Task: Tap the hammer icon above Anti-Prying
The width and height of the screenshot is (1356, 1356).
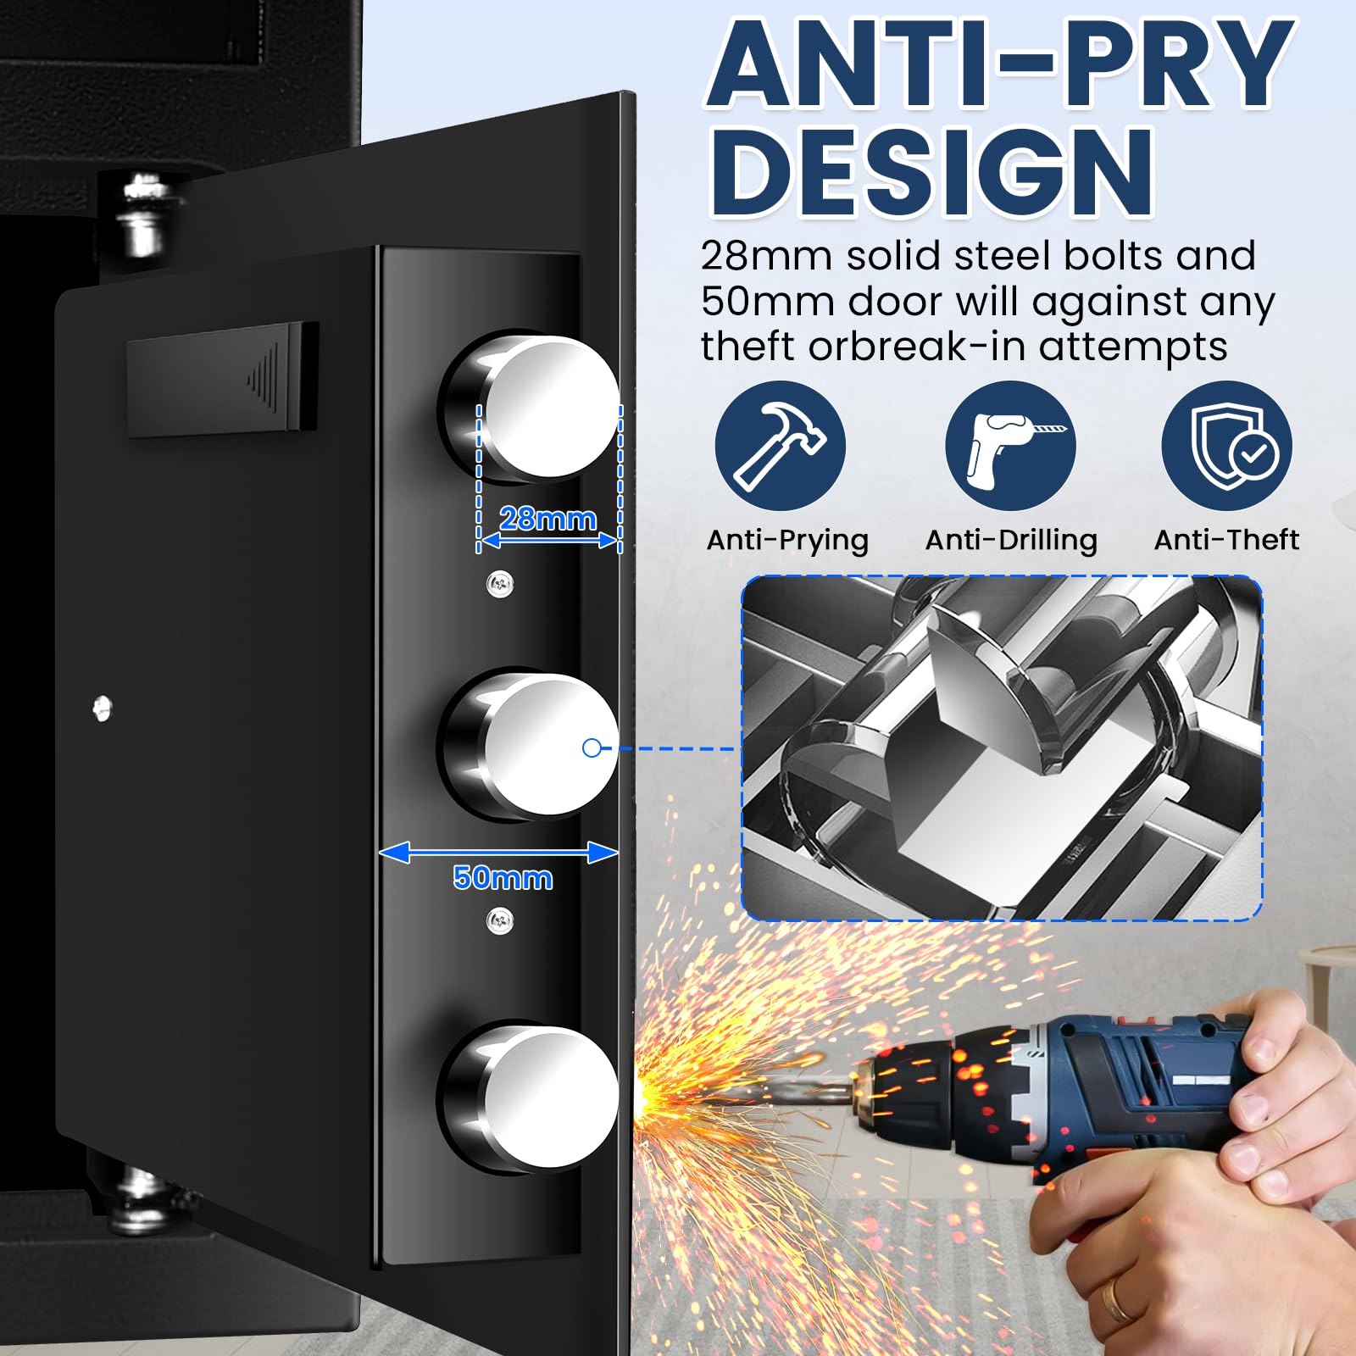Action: click(x=780, y=446)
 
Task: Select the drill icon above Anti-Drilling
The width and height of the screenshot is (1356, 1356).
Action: click(x=1010, y=446)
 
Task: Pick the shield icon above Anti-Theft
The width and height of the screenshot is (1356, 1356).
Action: click(x=1226, y=446)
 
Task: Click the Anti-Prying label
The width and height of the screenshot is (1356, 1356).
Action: click(x=787, y=541)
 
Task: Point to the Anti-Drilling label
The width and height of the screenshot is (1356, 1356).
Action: click(x=1011, y=541)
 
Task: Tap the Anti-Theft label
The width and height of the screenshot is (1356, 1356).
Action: click(x=1226, y=540)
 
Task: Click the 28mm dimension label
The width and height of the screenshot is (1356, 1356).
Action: click(x=547, y=518)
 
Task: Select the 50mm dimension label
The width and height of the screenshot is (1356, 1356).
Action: click(x=503, y=877)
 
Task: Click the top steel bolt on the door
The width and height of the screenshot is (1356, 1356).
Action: click(x=530, y=407)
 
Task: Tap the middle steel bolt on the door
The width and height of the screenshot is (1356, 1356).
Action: click(x=530, y=746)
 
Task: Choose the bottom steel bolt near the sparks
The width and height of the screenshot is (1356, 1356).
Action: click(x=530, y=1098)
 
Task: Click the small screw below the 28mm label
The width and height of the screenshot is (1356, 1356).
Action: click(x=500, y=583)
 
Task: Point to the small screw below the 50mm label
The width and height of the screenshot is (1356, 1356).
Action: click(x=500, y=921)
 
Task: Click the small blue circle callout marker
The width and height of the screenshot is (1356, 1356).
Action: click(x=592, y=747)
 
